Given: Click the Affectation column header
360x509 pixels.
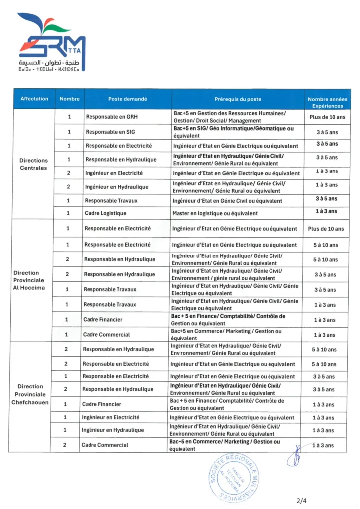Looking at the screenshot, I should coord(34,99).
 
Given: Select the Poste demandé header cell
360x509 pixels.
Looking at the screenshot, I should coord(128,99).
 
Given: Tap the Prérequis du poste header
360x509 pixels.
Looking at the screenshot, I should coord(238,99).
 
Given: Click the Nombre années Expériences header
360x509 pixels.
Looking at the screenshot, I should coord(327,102).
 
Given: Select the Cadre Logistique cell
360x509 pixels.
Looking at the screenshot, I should coord(105,213).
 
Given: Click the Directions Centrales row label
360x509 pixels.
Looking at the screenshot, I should coord(34,164).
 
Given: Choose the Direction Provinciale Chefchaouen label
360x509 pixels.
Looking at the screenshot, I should coord(30,394).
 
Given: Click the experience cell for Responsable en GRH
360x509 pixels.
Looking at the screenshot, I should coord(327,117).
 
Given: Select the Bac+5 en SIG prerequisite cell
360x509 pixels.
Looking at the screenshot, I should coord(233,132).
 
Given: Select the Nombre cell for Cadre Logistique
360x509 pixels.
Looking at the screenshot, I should coord(69,213).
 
